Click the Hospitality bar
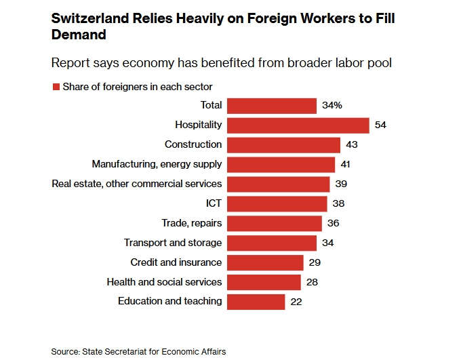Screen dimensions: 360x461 pos(298,125)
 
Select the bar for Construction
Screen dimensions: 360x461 pos(283,145)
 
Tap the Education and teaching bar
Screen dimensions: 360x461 pos(256,302)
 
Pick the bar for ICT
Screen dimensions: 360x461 pos(277,203)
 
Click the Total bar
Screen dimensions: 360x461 pos(272,106)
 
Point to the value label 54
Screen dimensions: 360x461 pos(380,125)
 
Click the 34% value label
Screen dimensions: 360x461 pos(332,106)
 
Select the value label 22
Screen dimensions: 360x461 pos(296,302)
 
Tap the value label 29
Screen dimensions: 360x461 pos(315,262)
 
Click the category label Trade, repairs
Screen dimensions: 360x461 pos(192,223)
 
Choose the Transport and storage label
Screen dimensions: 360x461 pos(173,243)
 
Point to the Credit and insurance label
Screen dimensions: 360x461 pos(176,262)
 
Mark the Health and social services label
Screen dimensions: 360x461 pos(164,281)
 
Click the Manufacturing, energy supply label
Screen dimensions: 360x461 pos(157,164)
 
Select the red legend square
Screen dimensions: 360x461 pos(56,87)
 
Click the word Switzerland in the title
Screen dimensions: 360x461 pos(85,18)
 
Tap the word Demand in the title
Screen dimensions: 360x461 pos(79,35)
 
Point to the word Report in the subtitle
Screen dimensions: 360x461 pos(71,63)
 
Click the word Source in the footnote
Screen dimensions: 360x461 pos(64,351)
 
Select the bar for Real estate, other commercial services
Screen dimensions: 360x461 pos(279,184)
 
